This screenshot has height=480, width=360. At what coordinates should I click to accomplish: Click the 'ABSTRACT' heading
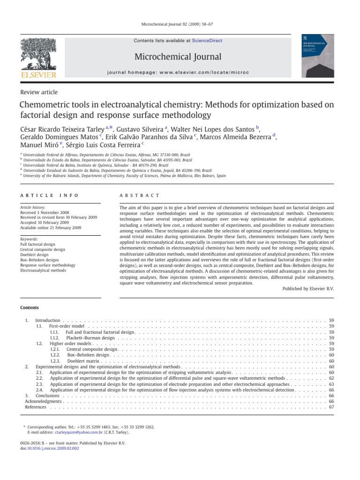coord(140,195)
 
